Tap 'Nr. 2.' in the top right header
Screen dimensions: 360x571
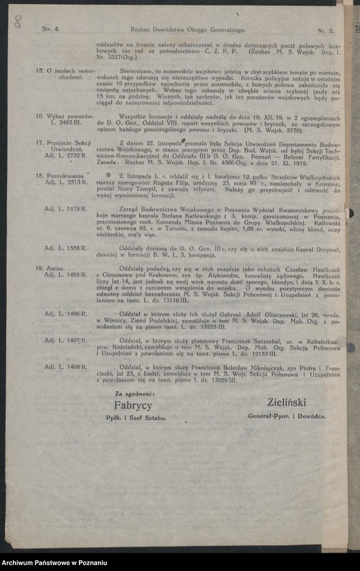(x=325, y=31)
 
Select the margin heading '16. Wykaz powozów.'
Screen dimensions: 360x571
(x=65, y=116)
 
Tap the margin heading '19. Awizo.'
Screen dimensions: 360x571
(x=52, y=268)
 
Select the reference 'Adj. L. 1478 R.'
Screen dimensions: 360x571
(x=66, y=209)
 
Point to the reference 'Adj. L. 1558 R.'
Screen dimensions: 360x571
(x=66, y=248)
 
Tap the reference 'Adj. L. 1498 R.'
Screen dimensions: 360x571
(x=66, y=367)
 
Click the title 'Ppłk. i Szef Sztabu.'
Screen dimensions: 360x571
(x=141, y=418)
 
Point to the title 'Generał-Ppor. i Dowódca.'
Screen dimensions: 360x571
(x=295, y=415)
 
